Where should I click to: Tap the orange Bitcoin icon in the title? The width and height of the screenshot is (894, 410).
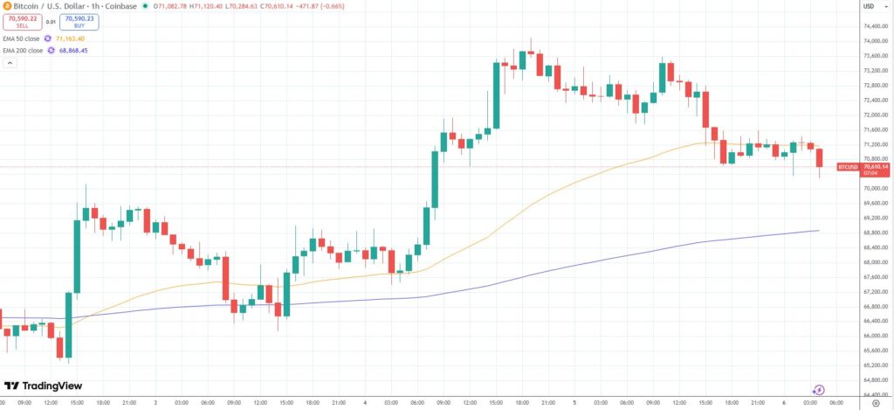click(8, 6)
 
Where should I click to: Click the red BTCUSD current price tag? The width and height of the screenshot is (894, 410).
click(863, 166)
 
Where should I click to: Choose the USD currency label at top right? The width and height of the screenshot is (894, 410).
click(869, 6)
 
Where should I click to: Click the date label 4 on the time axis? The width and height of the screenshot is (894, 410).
click(366, 402)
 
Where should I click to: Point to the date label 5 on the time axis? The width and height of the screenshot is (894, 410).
click(574, 402)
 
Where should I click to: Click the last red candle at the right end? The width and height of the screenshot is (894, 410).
click(820, 158)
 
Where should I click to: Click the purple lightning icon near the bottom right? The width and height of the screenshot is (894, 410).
click(819, 390)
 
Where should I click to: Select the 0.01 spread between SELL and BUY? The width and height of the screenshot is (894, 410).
click(51, 22)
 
